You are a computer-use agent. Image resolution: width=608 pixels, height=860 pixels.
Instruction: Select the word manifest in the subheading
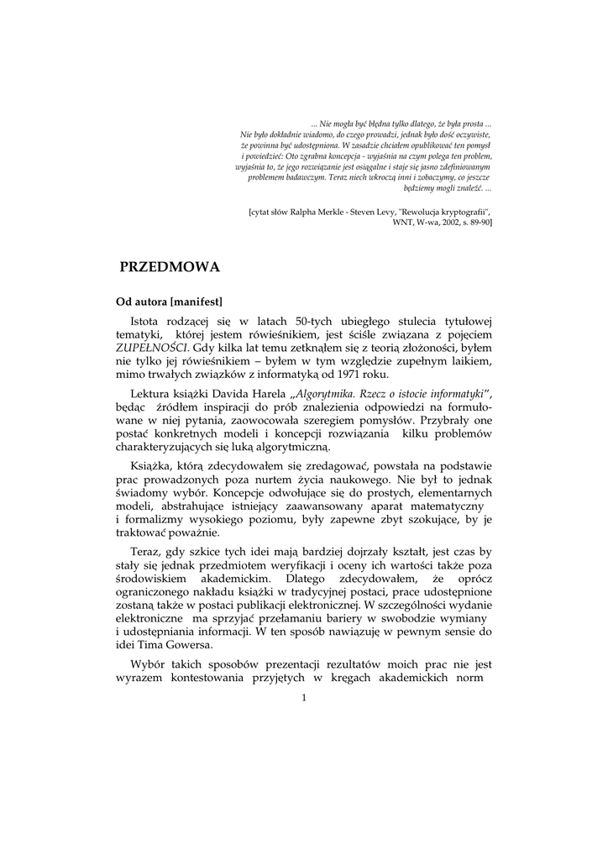click(196, 300)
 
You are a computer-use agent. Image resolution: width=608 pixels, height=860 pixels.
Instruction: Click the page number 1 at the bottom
click(303, 698)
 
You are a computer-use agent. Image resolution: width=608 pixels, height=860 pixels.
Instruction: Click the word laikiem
click(466, 361)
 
